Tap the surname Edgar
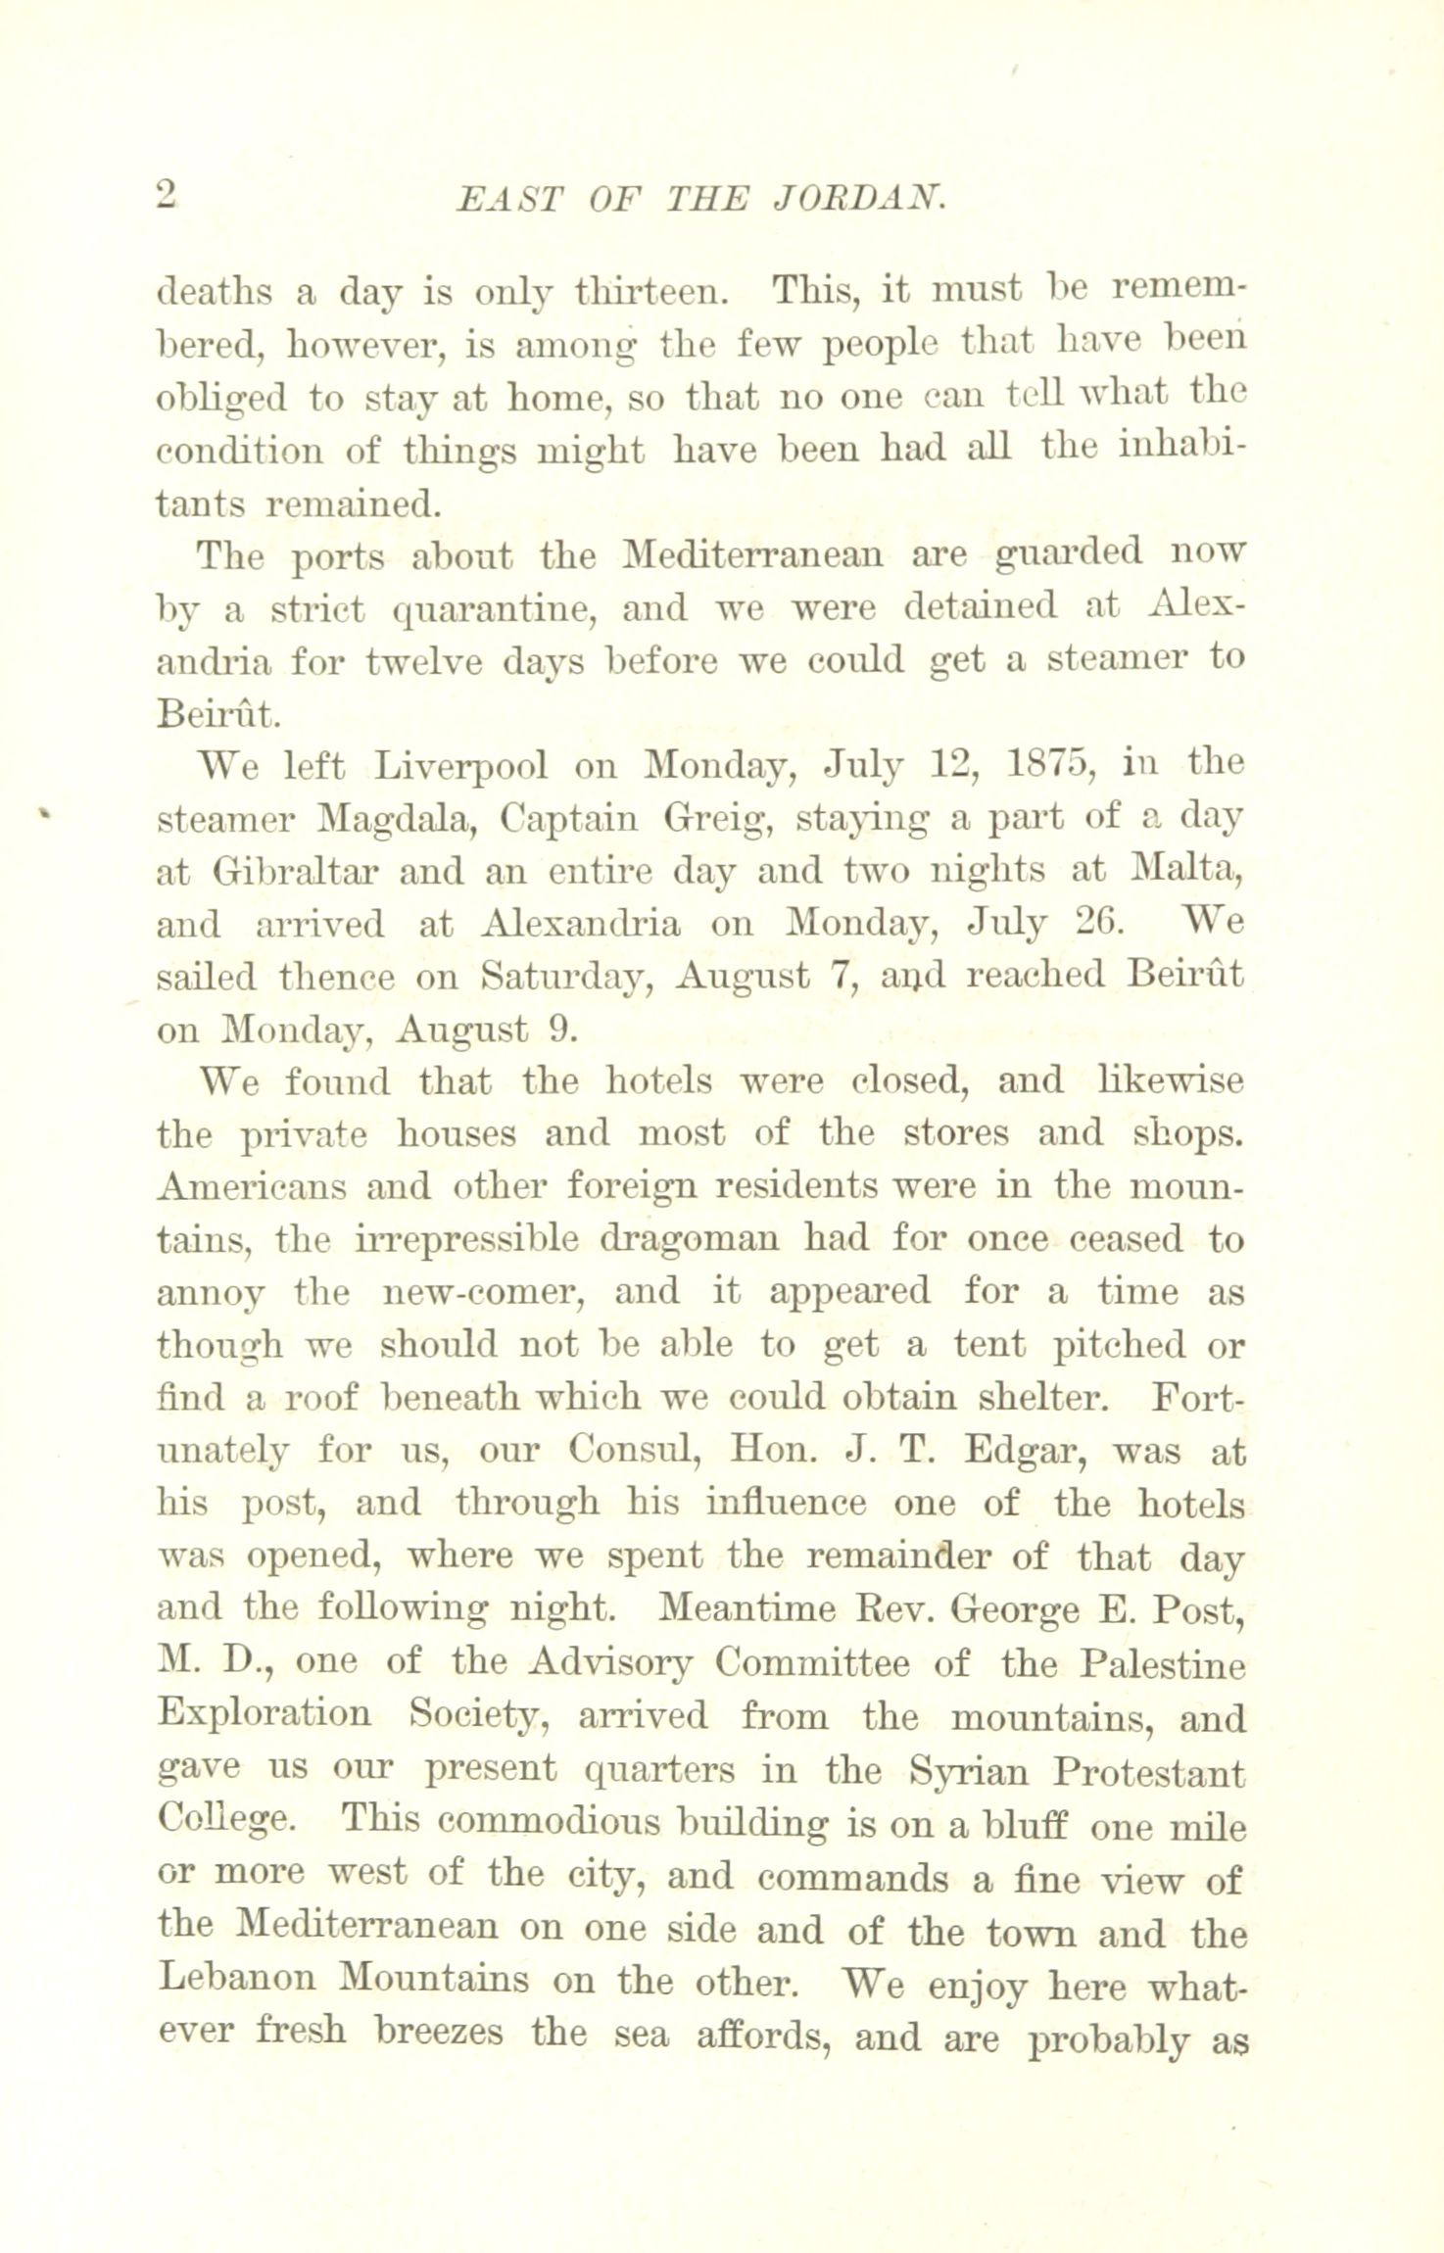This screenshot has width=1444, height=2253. (1022, 1452)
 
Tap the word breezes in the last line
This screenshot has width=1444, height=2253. (439, 2036)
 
